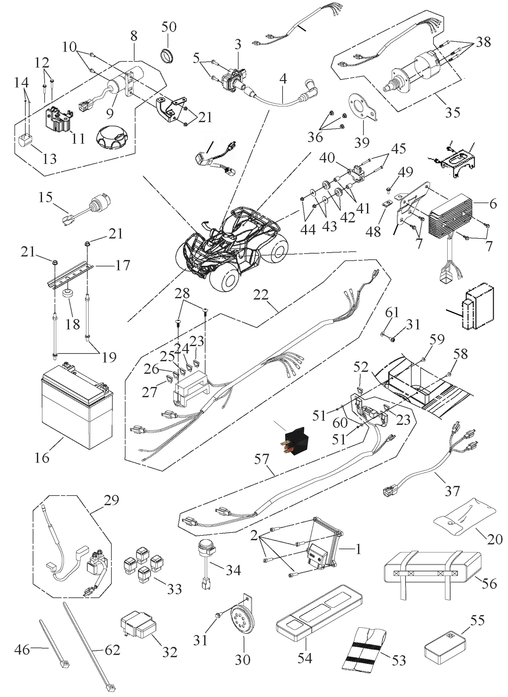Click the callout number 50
(169, 27)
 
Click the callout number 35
(452, 113)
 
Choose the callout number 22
(261, 295)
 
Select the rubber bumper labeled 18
(68, 293)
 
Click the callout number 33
(174, 589)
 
